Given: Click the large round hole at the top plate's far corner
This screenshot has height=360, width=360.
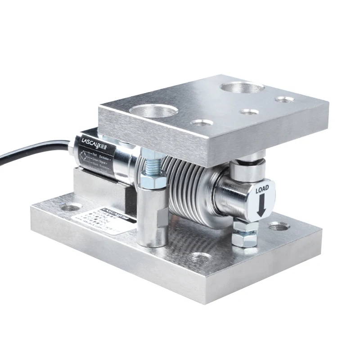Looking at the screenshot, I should pyautogui.click(x=242, y=87).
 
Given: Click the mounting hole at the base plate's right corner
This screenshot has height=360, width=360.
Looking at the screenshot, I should pyautogui.click(x=277, y=226).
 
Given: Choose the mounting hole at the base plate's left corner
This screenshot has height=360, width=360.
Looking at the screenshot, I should pyautogui.click(x=72, y=207).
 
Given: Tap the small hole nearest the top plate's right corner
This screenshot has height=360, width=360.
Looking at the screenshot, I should pyautogui.click(x=285, y=99).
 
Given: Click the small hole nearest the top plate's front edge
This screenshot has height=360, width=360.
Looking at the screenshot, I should pyautogui.click(x=201, y=122).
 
